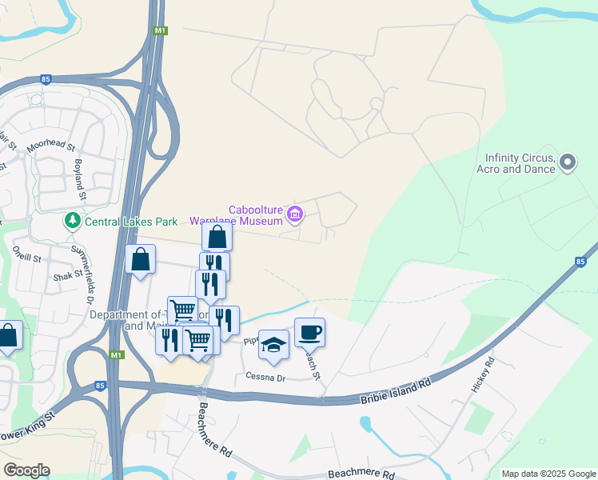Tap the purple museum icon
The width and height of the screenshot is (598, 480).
pyautogui.click(x=295, y=214)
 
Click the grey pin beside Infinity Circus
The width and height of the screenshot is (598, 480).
pyautogui.click(x=568, y=162)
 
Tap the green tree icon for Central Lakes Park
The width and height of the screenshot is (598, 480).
pyautogui.click(x=73, y=219)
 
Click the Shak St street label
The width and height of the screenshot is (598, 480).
pyautogui.click(x=68, y=275)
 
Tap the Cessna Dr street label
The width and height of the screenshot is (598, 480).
pyautogui.click(x=265, y=376)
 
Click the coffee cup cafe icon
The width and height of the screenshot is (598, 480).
pyautogui.click(x=309, y=331)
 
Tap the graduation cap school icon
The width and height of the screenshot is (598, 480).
pyautogui.click(x=273, y=343)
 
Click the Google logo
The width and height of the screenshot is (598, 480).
pyautogui.click(x=26, y=470)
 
